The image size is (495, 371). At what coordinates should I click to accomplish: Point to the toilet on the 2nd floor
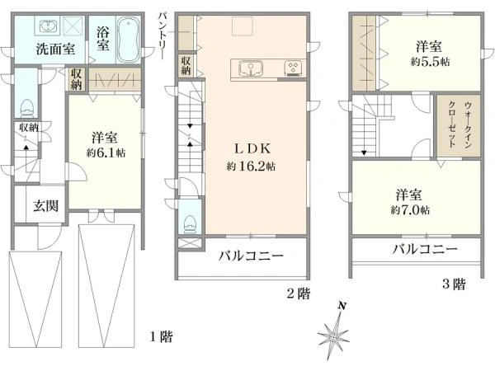click(189, 219)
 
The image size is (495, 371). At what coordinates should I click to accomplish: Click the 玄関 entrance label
click(45, 206)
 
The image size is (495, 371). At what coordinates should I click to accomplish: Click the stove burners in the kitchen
click(293, 68)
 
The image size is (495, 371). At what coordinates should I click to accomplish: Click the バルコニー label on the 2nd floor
click(251, 256)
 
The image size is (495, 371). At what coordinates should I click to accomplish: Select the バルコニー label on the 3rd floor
click(424, 249)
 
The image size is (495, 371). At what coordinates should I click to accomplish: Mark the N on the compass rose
click(342, 306)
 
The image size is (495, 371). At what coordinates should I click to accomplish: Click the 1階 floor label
click(162, 336)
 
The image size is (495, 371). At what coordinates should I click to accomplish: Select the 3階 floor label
click(453, 284)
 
